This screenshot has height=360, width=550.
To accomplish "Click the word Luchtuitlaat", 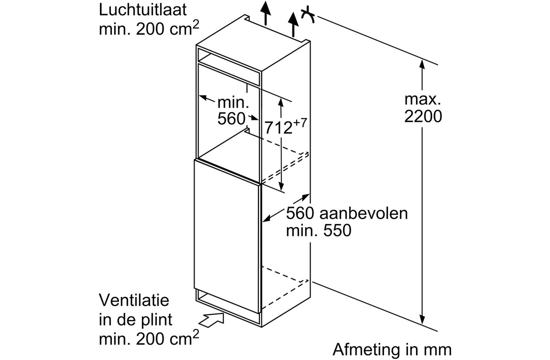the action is pyautogui.click(x=143, y=10).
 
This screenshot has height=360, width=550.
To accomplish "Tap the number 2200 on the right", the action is pyautogui.click(x=423, y=116).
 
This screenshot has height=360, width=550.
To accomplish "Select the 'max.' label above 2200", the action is pyautogui.click(x=422, y=99).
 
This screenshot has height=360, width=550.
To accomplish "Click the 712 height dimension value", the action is pyautogui.click(x=278, y=127).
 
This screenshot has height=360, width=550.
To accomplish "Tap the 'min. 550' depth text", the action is pyautogui.click(x=318, y=230).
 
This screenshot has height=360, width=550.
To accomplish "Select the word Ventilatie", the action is pyautogui.click(x=134, y=300).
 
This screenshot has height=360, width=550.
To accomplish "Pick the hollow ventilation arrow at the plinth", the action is pyautogui.click(x=213, y=320).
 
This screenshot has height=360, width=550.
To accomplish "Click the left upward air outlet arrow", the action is pyautogui.click(x=266, y=13).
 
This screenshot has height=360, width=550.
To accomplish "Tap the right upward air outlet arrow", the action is pyautogui.click(x=293, y=24).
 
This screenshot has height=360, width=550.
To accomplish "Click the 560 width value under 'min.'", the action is pyautogui.click(x=231, y=118).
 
